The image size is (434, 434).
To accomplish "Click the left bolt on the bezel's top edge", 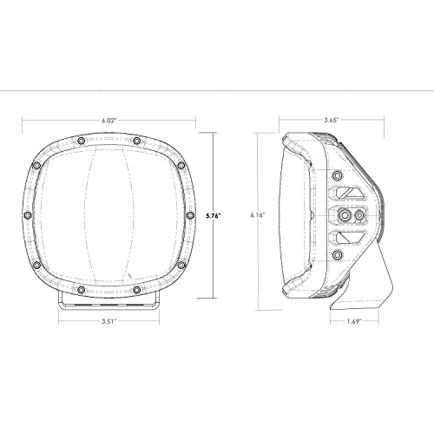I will point(80,140).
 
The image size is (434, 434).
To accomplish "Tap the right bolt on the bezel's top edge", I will point(138,140).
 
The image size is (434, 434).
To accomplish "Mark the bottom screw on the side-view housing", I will point(336,254).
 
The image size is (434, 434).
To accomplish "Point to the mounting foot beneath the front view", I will point(109,299).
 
